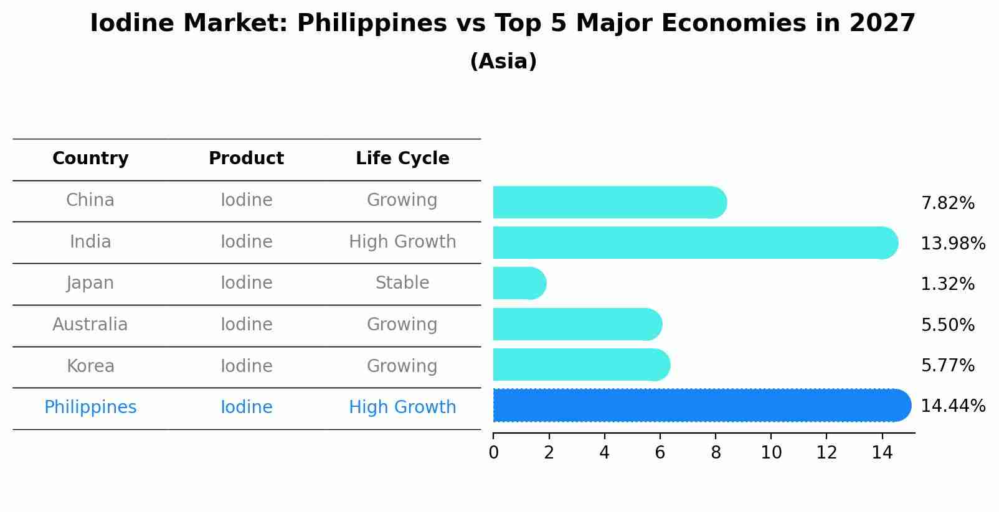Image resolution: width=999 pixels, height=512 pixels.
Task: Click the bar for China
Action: [609, 202]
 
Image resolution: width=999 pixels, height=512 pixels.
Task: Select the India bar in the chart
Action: [694, 243]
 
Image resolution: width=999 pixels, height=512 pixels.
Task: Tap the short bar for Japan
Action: [519, 283]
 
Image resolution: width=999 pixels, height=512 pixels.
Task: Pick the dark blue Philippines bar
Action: [701, 406]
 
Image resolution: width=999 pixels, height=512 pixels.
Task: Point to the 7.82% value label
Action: [947, 203]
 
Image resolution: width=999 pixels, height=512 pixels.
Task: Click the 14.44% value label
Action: [953, 406]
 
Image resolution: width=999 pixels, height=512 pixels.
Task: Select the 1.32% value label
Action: [947, 284]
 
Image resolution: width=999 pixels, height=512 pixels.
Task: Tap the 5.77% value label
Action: [947, 366]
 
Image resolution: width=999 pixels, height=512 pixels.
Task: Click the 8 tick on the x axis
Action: [716, 453]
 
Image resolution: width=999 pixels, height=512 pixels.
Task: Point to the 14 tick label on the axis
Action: [882, 453]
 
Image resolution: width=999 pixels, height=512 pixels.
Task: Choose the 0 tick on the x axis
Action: [494, 453]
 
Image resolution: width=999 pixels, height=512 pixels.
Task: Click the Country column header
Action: [90, 159]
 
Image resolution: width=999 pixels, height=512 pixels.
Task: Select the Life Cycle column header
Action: [402, 159]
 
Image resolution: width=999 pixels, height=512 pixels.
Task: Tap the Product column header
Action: [246, 159]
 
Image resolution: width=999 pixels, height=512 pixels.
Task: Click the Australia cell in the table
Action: [90, 325]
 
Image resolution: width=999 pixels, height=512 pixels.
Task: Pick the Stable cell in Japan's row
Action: [402, 283]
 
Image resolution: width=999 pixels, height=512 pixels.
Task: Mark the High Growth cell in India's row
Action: [402, 242]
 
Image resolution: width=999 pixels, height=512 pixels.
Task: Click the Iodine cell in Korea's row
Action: [246, 366]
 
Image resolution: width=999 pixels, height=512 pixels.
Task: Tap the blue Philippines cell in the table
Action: [90, 407]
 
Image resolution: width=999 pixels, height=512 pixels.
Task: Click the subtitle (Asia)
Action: [503, 62]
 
